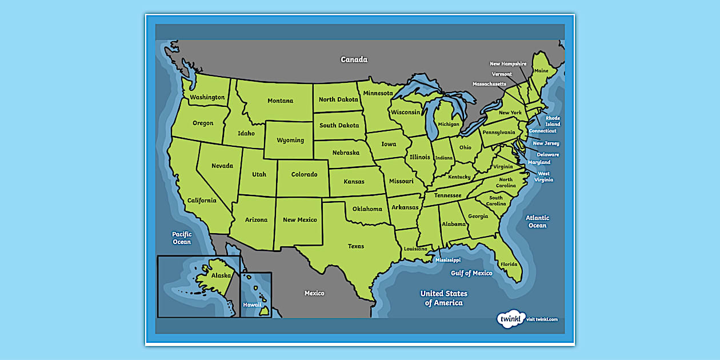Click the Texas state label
tap(356, 246)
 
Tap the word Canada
tap(354, 59)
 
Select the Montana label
tap(280, 101)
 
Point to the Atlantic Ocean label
tap(537, 221)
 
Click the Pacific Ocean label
tap(182, 238)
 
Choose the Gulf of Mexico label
tap(471, 273)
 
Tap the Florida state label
tap(509, 264)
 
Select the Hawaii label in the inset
tap(252, 305)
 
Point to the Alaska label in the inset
tap(221, 275)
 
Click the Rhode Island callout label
tap(553, 121)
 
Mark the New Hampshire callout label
tap(508, 64)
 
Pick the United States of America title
tap(444, 298)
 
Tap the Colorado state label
tap(304, 175)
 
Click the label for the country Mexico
tap(314, 293)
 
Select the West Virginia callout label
tap(544, 177)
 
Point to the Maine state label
tap(541, 71)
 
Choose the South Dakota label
tap(339, 126)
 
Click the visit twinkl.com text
tap(542, 319)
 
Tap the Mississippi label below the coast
tap(447, 260)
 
